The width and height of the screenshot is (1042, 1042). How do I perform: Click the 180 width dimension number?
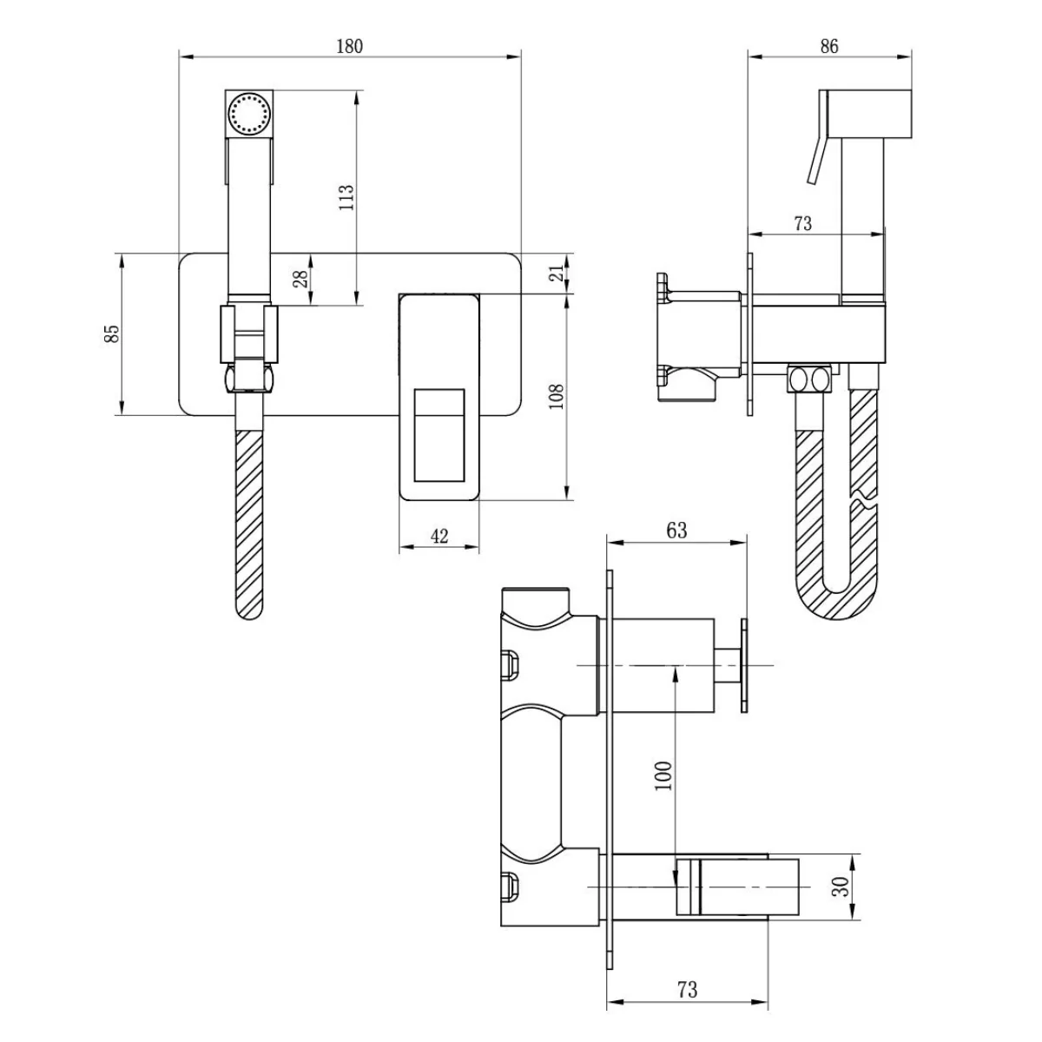pos(349,46)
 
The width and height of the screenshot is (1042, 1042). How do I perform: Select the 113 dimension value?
pos(346,198)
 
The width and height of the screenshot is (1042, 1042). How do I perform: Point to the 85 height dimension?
pos(111,333)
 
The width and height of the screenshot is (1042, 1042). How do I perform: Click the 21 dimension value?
pos(560,273)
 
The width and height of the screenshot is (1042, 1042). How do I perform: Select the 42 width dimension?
pos(439,536)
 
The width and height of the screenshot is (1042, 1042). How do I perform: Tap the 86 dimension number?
pos(828,46)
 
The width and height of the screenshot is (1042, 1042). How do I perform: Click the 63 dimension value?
pos(676,530)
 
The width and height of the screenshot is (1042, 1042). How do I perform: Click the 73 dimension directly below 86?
pos(802,223)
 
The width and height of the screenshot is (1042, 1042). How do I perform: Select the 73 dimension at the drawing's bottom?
pos(687,989)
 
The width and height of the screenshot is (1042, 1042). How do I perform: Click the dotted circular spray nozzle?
pos(249,114)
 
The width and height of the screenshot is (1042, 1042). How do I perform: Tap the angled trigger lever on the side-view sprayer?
pos(816,161)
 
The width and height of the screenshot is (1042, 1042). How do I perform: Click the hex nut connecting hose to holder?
pos(249,379)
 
